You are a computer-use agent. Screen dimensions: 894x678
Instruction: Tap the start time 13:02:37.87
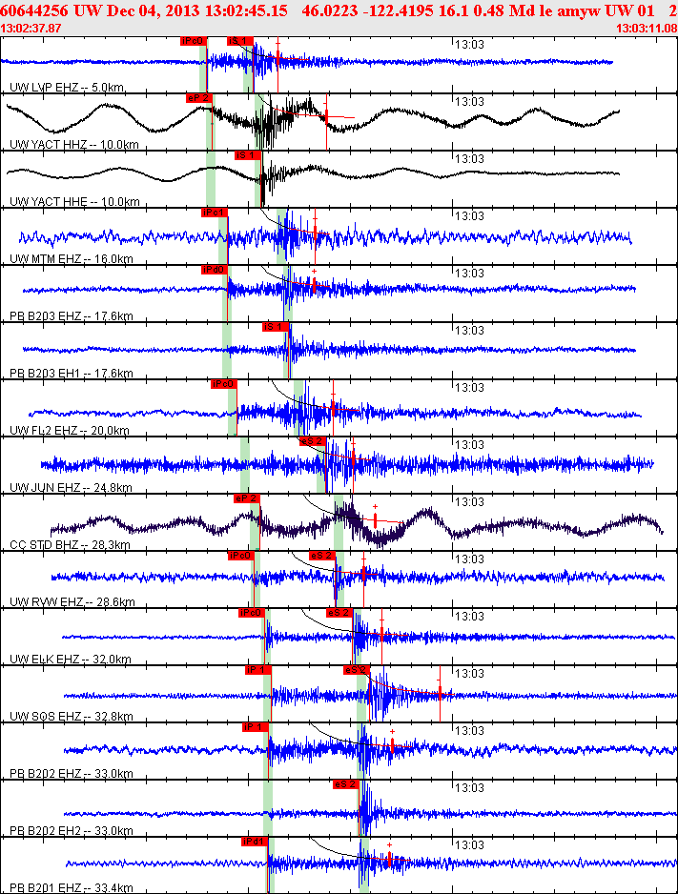coord(32,29)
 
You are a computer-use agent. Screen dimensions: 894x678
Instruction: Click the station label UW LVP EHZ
coord(46,88)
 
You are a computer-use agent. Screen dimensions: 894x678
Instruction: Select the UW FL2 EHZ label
coord(46,431)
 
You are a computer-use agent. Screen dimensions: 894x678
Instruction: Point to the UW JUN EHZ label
coord(47,488)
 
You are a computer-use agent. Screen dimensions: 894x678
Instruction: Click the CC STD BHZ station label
coord(47,545)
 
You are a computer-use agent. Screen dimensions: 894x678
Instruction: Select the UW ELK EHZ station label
coord(47,660)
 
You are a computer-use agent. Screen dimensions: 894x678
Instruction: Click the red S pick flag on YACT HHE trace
coord(246,155)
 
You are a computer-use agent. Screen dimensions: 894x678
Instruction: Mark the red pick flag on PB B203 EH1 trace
coord(274,327)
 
